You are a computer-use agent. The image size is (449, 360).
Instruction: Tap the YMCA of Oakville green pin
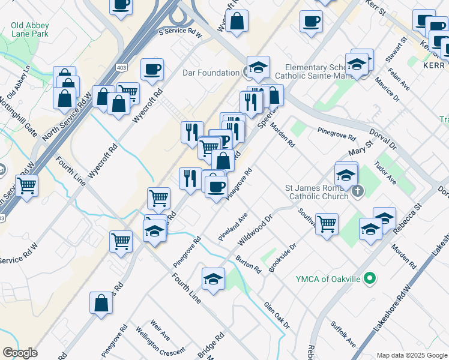pos(370,278)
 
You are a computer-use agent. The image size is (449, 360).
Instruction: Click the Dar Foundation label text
pos(211,73)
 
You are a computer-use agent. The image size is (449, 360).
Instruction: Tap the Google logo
pos(20,353)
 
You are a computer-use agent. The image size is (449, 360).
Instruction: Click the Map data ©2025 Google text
pos(411,355)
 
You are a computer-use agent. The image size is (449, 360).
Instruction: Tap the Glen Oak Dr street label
pos(276,315)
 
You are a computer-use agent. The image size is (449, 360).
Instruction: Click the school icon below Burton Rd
pos(213,278)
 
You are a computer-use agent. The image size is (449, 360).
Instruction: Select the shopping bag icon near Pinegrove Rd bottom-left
pos(101,302)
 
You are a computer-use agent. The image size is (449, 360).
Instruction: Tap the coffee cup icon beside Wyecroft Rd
pos(152,68)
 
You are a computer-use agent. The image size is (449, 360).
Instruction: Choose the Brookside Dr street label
pos(283,257)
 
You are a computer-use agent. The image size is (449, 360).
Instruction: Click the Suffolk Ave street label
pos(343,334)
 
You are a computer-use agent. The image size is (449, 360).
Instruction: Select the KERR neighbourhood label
pos(433,64)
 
